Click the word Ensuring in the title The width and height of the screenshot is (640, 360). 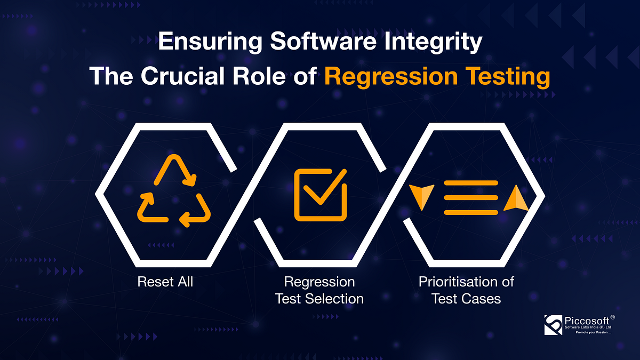pos(210,42)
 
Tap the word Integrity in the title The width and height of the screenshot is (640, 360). pos(433,42)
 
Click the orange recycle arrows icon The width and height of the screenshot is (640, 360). pos(174,190)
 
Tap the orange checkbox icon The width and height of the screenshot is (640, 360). pos(321,195)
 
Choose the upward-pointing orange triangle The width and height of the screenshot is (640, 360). pos(516,198)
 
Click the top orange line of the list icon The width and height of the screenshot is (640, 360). pos(471,183)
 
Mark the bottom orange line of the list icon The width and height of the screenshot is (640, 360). pos(471,212)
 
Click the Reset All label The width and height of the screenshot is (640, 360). pos(165,282)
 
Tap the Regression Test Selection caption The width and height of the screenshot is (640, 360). pos(319,290)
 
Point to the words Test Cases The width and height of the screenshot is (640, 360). pos(466,299)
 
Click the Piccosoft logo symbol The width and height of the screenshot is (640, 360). pos(553,325)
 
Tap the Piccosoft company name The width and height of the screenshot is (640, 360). pos(587,321)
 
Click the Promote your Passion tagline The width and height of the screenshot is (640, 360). pos(594,333)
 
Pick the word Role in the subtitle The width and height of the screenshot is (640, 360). pos(259,76)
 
